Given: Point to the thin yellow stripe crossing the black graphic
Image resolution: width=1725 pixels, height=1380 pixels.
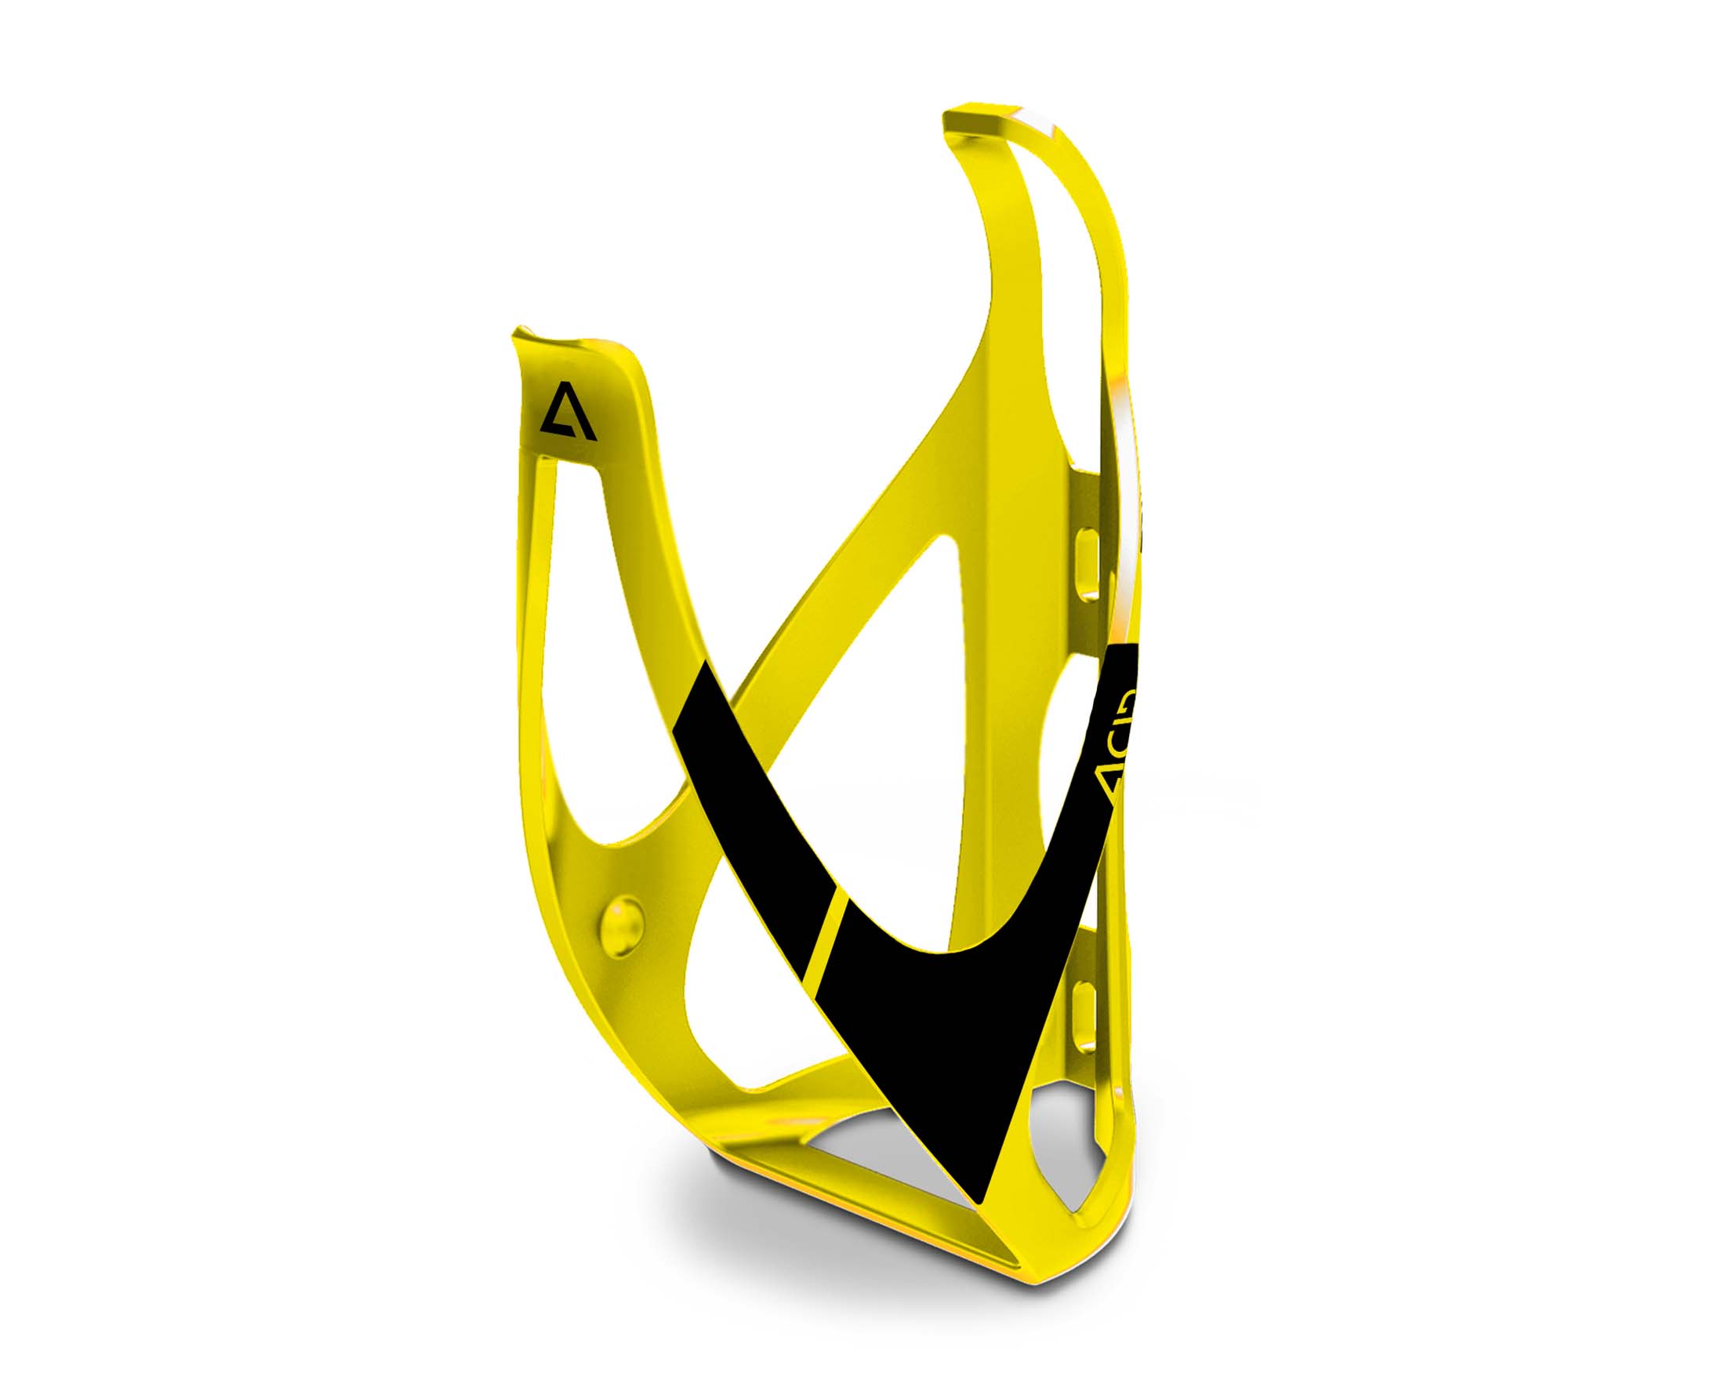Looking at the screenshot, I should [830, 931].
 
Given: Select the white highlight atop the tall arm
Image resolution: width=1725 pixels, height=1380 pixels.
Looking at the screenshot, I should [1032, 120].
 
